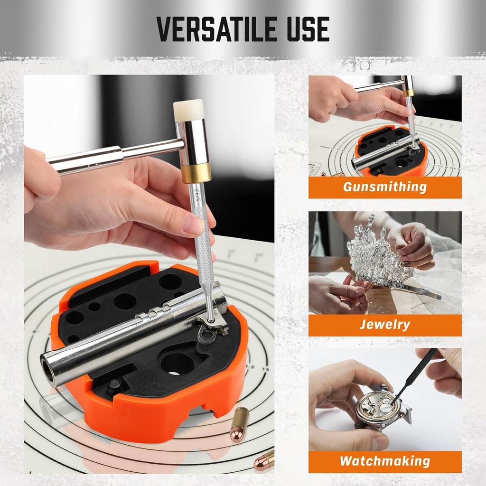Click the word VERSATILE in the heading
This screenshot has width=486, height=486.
click(x=216, y=29)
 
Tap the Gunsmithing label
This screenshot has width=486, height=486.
click(x=385, y=187)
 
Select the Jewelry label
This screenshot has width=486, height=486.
click(x=385, y=325)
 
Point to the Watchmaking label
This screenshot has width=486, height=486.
click(x=385, y=461)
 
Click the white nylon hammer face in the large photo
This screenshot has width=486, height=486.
click(x=189, y=110)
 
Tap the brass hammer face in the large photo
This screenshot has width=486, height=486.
click(x=196, y=173)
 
